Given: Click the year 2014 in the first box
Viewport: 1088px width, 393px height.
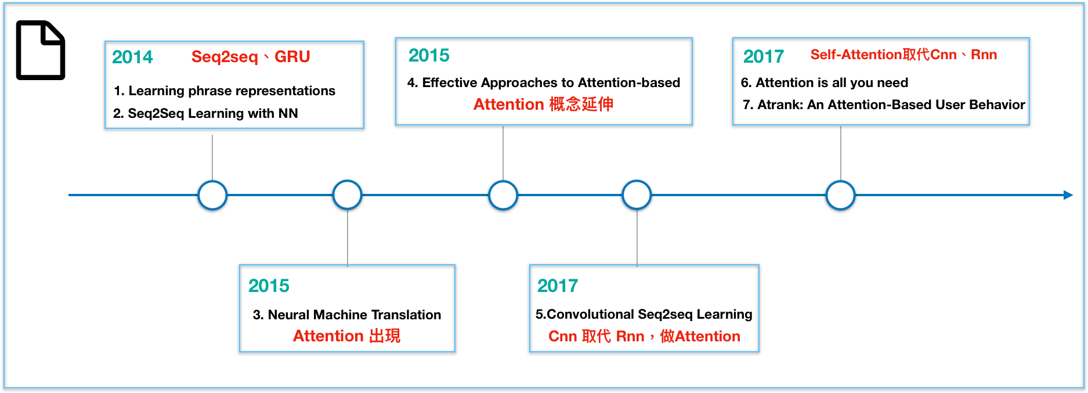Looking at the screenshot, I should (132, 57).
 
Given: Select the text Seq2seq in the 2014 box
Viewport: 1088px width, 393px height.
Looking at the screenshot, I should (224, 57).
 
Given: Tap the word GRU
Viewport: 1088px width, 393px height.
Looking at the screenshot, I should (292, 57).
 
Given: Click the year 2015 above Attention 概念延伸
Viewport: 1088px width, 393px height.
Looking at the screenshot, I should (429, 55).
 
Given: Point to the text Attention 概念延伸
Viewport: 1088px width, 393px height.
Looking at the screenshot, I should (543, 104).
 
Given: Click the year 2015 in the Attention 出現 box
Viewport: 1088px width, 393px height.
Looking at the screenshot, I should (269, 286).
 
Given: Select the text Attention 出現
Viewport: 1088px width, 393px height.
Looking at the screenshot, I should (346, 336).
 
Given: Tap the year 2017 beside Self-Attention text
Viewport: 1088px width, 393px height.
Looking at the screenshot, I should (763, 56).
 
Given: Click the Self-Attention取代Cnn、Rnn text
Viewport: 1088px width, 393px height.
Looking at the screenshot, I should (903, 55).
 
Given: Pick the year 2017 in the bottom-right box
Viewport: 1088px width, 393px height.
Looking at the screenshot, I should (557, 286).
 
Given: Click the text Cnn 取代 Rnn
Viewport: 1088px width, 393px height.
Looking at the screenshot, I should (596, 337).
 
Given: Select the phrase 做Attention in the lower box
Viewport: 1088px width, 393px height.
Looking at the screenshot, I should (700, 337).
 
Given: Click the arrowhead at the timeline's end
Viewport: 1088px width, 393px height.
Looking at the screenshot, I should (1068, 195).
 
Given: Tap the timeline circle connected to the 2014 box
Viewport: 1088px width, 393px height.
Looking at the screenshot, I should (212, 195).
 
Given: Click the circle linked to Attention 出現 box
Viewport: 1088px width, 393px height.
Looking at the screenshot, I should (347, 195).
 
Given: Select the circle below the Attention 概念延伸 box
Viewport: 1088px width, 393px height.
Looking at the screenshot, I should (503, 195).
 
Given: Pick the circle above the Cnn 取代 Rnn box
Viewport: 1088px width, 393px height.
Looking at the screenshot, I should (637, 195).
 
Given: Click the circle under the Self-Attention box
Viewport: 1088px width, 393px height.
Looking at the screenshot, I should (840, 195).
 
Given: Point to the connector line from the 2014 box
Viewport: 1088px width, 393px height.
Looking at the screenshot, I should (212, 157).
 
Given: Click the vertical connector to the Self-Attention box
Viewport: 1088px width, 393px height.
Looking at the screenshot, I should (840, 152).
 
